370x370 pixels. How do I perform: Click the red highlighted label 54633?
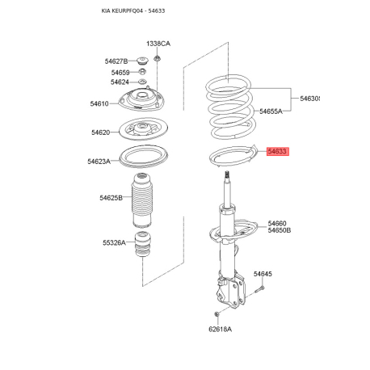pyautogui.click(x=278, y=151)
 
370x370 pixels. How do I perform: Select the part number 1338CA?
pyautogui.click(x=158, y=44)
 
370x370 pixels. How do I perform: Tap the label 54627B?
pyautogui.click(x=116, y=61)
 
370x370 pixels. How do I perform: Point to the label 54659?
pyautogui.click(x=120, y=73)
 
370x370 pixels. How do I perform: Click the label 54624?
pyautogui.click(x=120, y=82)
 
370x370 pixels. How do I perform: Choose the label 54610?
pyautogui.click(x=99, y=103)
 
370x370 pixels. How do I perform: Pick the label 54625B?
pyautogui.click(x=111, y=198)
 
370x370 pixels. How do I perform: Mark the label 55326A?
pyautogui.click(x=114, y=243)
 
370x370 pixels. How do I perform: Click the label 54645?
pyautogui.click(x=263, y=274)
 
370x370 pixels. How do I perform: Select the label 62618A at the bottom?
pyautogui.click(x=220, y=329)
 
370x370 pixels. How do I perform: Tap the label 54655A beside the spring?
pyautogui.click(x=271, y=111)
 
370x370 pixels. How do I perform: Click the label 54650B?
pyautogui.click(x=280, y=230)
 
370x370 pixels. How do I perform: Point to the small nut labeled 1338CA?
pyautogui.click(x=157, y=57)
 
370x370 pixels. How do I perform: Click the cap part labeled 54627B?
pyautogui.click(x=143, y=61)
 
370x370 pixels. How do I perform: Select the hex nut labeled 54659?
pyautogui.click(x=142, y=72)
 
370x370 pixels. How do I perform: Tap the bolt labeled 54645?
pyautogui.click(x=259, y=290)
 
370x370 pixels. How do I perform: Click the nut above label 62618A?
pyautogui.click(x=217, y=314)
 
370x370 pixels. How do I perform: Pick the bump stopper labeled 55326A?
pyautogui.click(x=143, y=244)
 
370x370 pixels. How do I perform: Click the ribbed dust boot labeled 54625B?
pyautogui.click(x=142, y=200)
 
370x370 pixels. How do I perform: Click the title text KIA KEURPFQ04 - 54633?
pyautogui.click(x=133, y=11)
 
